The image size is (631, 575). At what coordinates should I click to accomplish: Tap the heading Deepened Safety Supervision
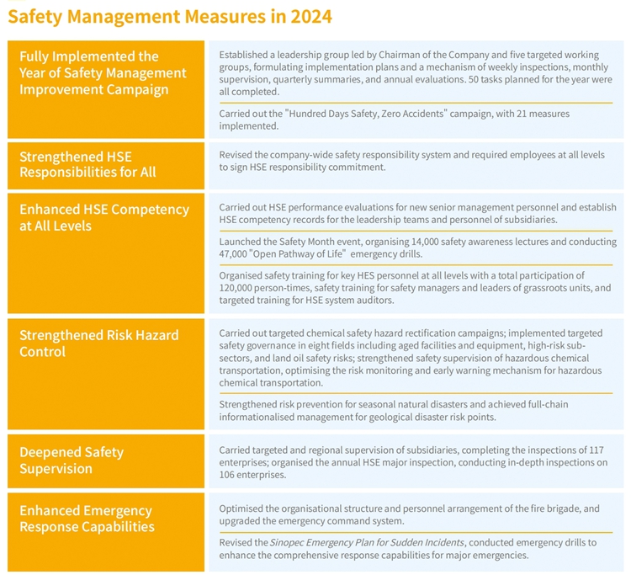[72, 461]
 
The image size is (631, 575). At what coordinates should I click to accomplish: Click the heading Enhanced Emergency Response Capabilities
[87, 519]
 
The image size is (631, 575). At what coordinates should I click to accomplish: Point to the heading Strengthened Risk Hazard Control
[99, 343]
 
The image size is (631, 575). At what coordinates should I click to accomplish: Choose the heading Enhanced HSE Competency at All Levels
[104, 217]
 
